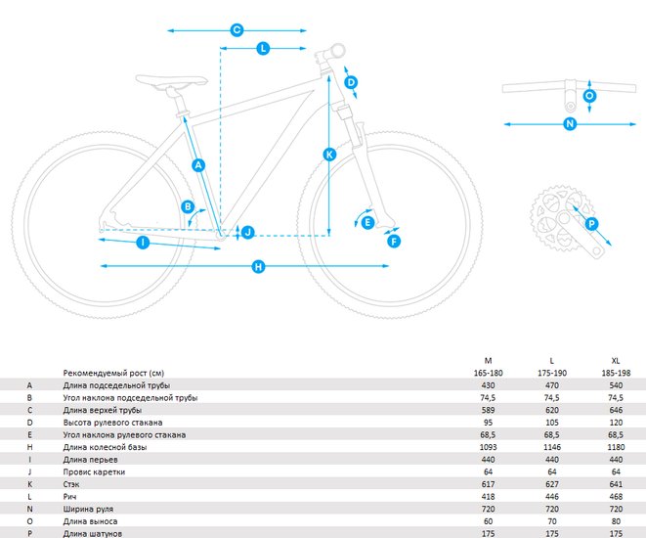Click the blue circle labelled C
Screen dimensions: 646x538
(237, 30)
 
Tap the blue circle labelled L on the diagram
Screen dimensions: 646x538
(263, 48)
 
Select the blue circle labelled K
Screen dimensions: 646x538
(329, 155)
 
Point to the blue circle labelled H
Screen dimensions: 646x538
(258, 267)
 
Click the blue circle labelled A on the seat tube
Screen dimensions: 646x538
(198, 165)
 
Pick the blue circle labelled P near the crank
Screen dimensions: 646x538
(591, 224)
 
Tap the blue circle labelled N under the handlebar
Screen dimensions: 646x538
(570, 123)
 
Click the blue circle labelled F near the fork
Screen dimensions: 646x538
(394, 242)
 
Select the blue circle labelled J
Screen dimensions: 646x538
(247, 232)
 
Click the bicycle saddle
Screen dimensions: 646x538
(171, 81)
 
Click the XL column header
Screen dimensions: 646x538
(616, 361)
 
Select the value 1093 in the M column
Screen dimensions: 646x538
(489, 447)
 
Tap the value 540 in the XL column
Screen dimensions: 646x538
(616, 385)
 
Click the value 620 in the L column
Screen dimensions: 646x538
(552, 410)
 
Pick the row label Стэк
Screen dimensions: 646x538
(71, 484)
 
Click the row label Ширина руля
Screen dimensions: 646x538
(88, 509)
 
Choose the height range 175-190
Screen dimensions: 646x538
(552, 373)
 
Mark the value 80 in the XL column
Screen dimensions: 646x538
(616, 521)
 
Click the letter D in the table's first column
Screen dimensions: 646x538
(29, 423)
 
